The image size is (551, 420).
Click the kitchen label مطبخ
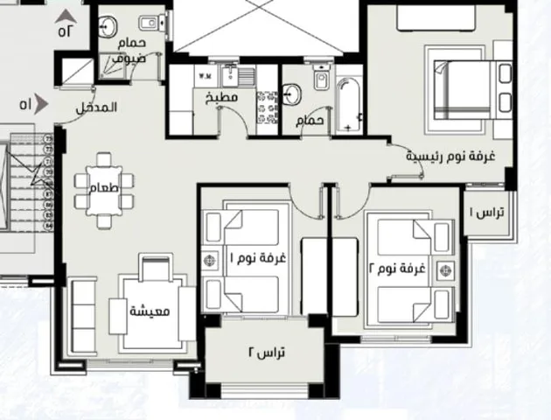tap(222, 98)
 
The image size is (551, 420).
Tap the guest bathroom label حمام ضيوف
tap(129, 50)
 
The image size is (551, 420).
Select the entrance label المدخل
tap(96, 108)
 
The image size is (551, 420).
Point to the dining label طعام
tap(104, 188)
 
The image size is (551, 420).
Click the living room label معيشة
tap(150, 311)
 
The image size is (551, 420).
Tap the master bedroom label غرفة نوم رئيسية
tap(450, 156)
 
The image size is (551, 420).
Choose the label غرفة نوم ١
tap(258, 258)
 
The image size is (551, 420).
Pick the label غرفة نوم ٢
tap(397, 269)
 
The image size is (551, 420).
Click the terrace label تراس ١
tap(486, 213)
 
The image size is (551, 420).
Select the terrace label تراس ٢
tap(267, 353)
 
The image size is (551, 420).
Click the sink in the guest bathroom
tap(108, 27)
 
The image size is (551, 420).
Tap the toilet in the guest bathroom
tap(152, 24)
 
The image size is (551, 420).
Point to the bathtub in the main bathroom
tap(349, 105)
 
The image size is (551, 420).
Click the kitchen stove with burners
tap(267, 108)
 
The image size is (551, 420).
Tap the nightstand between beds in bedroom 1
tap(210, 261)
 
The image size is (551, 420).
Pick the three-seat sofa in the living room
tap(83, 316)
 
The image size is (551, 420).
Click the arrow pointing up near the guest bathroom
tap(66, 17)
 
